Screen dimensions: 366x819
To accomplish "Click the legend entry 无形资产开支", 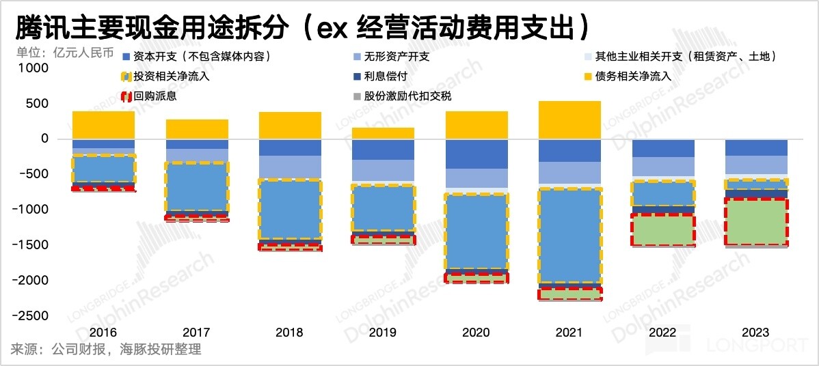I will [397, 56].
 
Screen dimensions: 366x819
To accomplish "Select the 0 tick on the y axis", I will [45, 139].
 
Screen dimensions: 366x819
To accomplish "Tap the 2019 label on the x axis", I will [382, 333].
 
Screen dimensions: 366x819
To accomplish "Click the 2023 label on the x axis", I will [755, 333].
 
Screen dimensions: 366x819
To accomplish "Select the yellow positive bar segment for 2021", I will [569, 120].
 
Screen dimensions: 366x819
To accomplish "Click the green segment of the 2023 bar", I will [755, 222].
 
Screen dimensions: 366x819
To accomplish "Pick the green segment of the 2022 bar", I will [662, 229].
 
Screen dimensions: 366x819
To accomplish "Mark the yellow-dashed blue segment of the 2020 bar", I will [476, 232].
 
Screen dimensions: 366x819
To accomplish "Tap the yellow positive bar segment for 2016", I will [103, 125].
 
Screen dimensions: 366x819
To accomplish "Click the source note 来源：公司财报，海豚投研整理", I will [106, 350].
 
